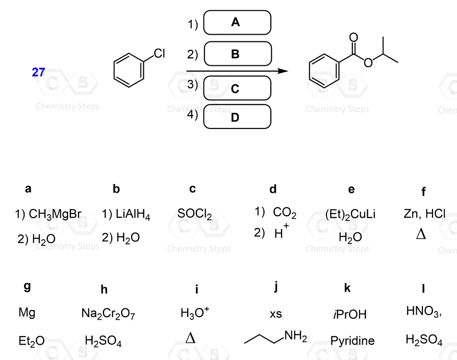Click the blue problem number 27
[38, 72]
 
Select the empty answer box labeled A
[237, 22]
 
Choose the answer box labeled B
[237, 54]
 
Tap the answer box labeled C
[237, 88]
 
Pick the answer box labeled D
[237, 117]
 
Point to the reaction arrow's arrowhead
[283, 71]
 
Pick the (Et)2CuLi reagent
[350, 215]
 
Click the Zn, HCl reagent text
[424, 214]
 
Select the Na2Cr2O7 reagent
[108, 313]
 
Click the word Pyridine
[352, 340]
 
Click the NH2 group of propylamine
[295, 336]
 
